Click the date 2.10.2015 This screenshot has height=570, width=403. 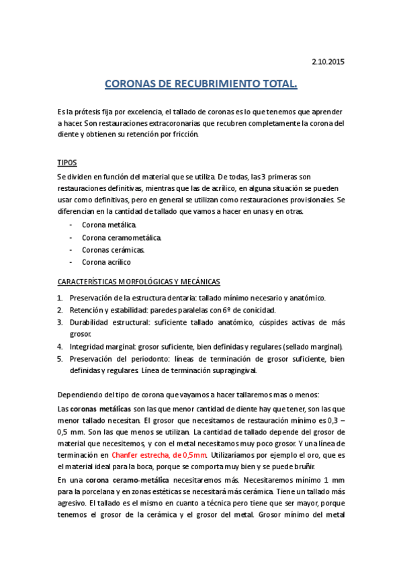coord(328,62)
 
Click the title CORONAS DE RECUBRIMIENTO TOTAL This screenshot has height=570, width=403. coord(201,85)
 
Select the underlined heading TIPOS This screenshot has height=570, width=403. coord(67,163)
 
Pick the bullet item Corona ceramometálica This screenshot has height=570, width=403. coord(122,237)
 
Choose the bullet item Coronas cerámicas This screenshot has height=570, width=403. coord(113,249)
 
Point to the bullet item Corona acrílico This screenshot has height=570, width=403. coord(106,262)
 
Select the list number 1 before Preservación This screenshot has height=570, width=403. coord(60,298)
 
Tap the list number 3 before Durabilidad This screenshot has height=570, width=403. coord(60,322)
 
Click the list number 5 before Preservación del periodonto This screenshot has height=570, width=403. coord(60,358)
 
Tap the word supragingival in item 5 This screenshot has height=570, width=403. coord(227,370)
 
